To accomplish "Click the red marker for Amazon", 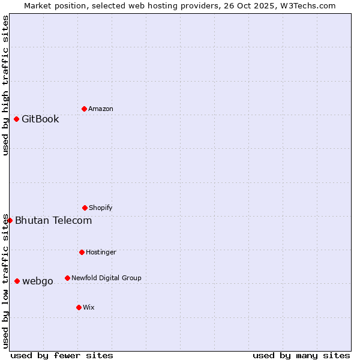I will (x=84, y=109).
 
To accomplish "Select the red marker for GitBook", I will (x=17, y=119).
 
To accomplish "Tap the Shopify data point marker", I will (x=85, y=208).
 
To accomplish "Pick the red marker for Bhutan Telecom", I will (x=10, y=220).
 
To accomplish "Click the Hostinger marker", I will (x=82, y=252).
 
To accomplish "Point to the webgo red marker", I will (x=17, y=281).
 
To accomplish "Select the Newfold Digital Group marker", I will (x=67, y=278).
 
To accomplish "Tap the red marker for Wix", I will (x=79, y=307).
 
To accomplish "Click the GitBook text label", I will (x=40, y=119).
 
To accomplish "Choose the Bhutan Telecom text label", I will (x=53, y=220).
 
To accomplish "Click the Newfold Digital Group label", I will (x=106, y=278).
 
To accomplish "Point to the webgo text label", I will (x=38, y=281).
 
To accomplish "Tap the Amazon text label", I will (x=101, y=109).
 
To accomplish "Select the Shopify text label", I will (x=101, y=208).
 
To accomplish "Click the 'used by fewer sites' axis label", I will (x=62, y=355).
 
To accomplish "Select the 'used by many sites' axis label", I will (x=301, y=355).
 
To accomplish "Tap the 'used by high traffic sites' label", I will (x=5, y=85).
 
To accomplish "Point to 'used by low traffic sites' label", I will (x=5, y=281).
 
